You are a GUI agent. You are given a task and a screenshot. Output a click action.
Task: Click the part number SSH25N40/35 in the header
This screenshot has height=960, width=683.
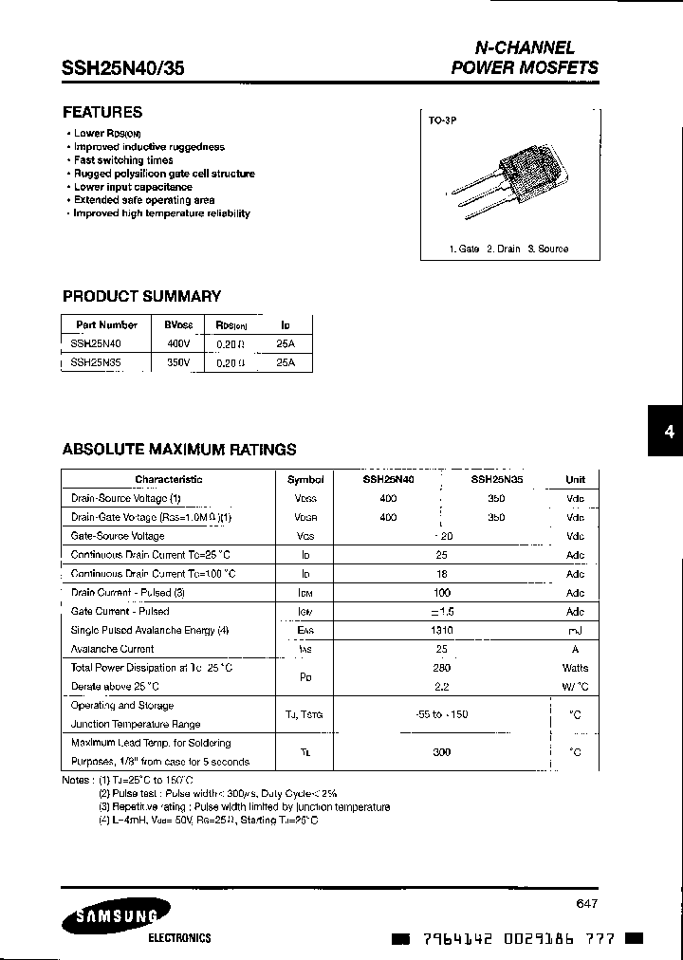coord(123,68)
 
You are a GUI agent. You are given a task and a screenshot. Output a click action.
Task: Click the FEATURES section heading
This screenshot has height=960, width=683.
coord(102,112)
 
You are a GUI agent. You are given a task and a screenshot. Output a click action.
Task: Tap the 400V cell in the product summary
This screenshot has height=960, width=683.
coord(177,344)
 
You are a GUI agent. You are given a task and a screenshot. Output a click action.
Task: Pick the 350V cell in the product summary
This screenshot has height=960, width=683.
coord(177,362)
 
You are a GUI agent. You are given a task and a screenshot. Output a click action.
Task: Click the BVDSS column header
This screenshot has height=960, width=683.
coord(178,324)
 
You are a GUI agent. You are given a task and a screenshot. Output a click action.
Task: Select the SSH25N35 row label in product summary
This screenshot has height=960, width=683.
coord(96,362)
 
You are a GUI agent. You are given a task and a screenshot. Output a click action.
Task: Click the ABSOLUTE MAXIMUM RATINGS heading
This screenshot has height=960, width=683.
coord(179,450)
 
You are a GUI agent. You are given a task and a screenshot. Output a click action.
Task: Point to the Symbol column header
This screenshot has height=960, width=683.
coord(305,480)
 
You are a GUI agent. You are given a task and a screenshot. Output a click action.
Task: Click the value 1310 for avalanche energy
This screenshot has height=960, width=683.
coord(442,631)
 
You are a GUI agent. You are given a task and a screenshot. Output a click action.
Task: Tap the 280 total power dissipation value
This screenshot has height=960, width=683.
coord(442,669)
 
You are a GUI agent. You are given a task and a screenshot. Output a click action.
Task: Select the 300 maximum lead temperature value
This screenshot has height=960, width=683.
coord(442,752)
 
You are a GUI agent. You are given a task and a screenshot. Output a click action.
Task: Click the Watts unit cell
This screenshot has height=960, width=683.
coord(575,669)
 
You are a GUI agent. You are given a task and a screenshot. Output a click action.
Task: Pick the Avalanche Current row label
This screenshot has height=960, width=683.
coord(112,650)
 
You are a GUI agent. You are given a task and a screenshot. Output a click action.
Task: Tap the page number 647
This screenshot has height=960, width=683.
coord(587,904)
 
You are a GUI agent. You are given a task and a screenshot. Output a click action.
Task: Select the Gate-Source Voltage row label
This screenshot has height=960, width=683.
coord(118,536)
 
